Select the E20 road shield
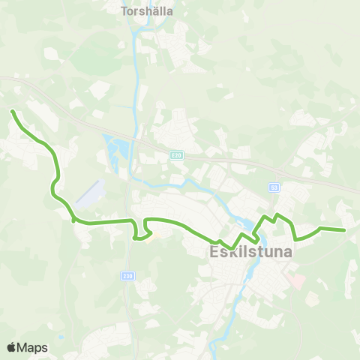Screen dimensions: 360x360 [175, 155]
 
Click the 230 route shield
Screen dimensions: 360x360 [127, 275]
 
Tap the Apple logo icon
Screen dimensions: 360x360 [11, 347]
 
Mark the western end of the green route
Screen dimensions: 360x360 [13, 112]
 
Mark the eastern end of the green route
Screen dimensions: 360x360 [343, 230]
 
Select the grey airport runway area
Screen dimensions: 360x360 [89, 193]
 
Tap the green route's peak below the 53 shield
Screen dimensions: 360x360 [277, 215]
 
